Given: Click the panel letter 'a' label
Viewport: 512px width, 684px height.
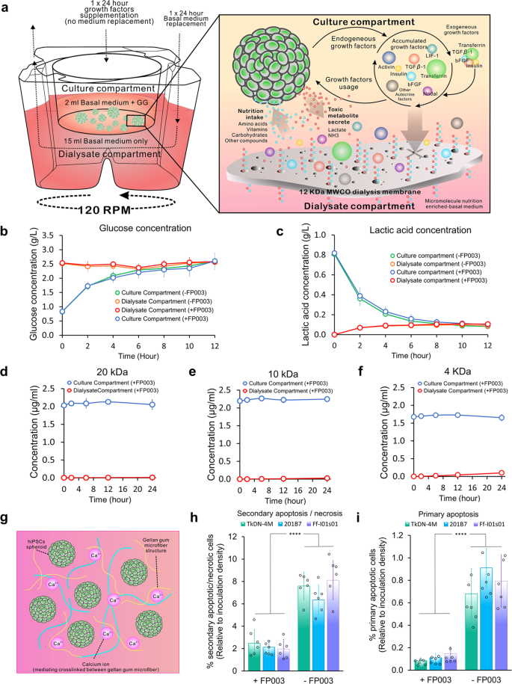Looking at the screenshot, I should pos(7,7).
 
